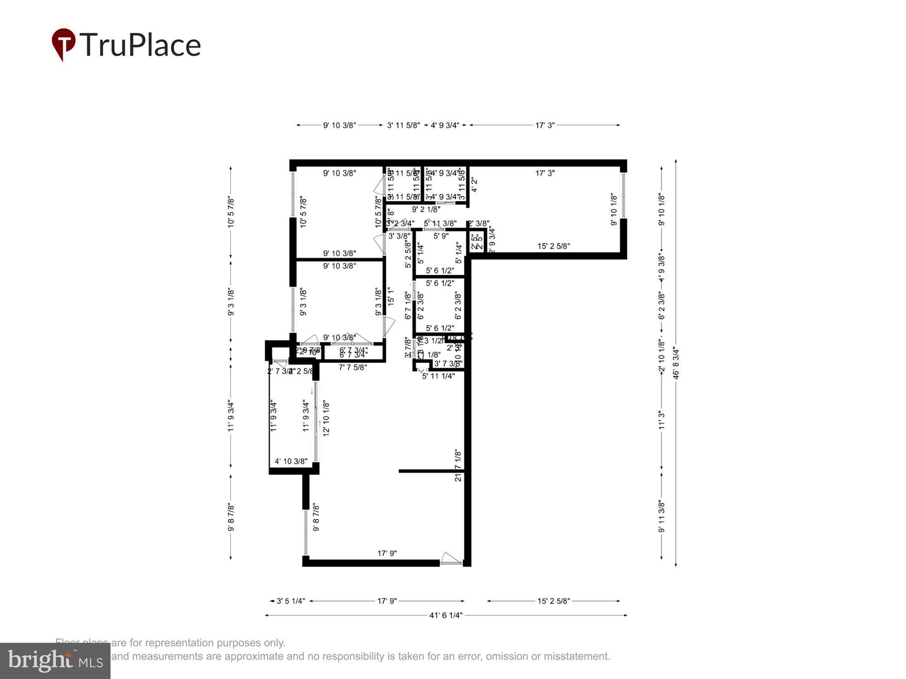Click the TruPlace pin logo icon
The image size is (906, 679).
(63, 44)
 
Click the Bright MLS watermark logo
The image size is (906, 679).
(55, 660)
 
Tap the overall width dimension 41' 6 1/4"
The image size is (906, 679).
(446, 615)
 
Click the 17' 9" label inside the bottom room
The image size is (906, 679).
(387, 553)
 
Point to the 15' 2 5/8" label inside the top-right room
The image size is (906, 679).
(554, 246)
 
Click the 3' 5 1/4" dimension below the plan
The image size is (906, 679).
(291, 601)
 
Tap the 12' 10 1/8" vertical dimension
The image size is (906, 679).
(326, 418)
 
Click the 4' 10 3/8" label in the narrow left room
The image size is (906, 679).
(291, 461)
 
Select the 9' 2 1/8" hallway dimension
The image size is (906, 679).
(426, 209)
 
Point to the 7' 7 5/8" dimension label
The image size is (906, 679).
(352, 368)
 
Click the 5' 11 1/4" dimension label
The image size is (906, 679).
(439, 376)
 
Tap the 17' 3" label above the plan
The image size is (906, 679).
(545, 125)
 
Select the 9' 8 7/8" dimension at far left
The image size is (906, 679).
(231, 517)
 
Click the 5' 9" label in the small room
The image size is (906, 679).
(441, 236)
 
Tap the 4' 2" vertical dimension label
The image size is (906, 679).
(474, 185)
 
